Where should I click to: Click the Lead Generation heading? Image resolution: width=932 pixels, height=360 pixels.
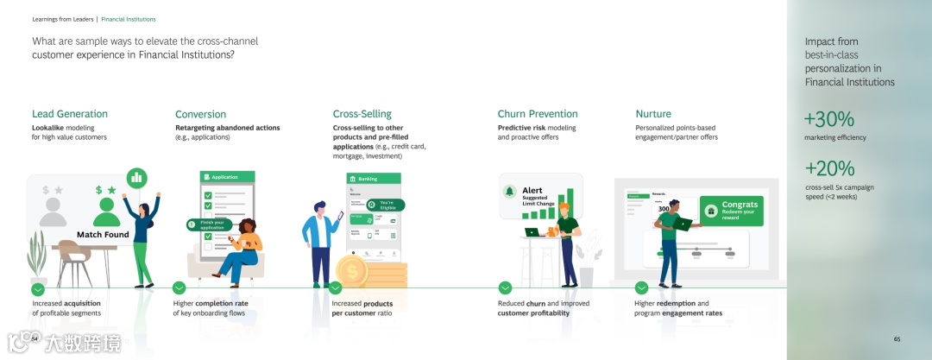tap(70, 114)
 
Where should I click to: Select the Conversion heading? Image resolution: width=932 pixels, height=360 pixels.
tap(200, 114)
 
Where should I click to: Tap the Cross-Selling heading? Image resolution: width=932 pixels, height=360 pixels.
tap(362, 114)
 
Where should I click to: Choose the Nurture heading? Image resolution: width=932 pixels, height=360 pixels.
tap(653, 114)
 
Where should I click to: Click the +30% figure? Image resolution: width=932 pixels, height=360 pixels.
tap(828, 119)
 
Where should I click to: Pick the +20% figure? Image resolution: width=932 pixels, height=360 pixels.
tap(828, 168)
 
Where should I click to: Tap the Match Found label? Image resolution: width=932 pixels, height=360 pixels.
tap(103, 234)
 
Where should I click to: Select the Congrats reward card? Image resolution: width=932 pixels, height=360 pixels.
tap(732, 210)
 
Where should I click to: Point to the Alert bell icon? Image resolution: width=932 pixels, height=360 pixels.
tap(510, 191)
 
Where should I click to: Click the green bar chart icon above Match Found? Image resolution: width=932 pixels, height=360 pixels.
tap(135, 178)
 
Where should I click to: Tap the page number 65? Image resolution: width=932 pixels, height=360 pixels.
tap(897, 339)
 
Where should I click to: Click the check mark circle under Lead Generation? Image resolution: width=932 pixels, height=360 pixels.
tap(38, 288)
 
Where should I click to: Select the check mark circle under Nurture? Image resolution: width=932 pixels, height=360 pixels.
tap(641, 288)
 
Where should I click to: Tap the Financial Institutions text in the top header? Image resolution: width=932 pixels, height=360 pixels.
tap(129, 19)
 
